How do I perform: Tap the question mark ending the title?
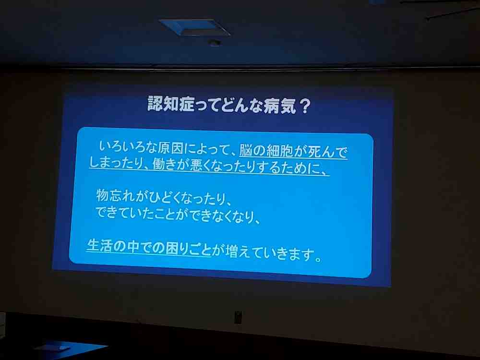point(305,106)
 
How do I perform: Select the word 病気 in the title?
point(279,106)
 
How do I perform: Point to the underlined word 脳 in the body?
point(246,150)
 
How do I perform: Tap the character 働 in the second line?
point(159,164)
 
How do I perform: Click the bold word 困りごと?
point(188,249)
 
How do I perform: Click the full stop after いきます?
point(319,259)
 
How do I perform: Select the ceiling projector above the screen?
point(195,27)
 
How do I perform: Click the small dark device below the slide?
point(238,317)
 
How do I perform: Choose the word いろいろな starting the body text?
point(128,147)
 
